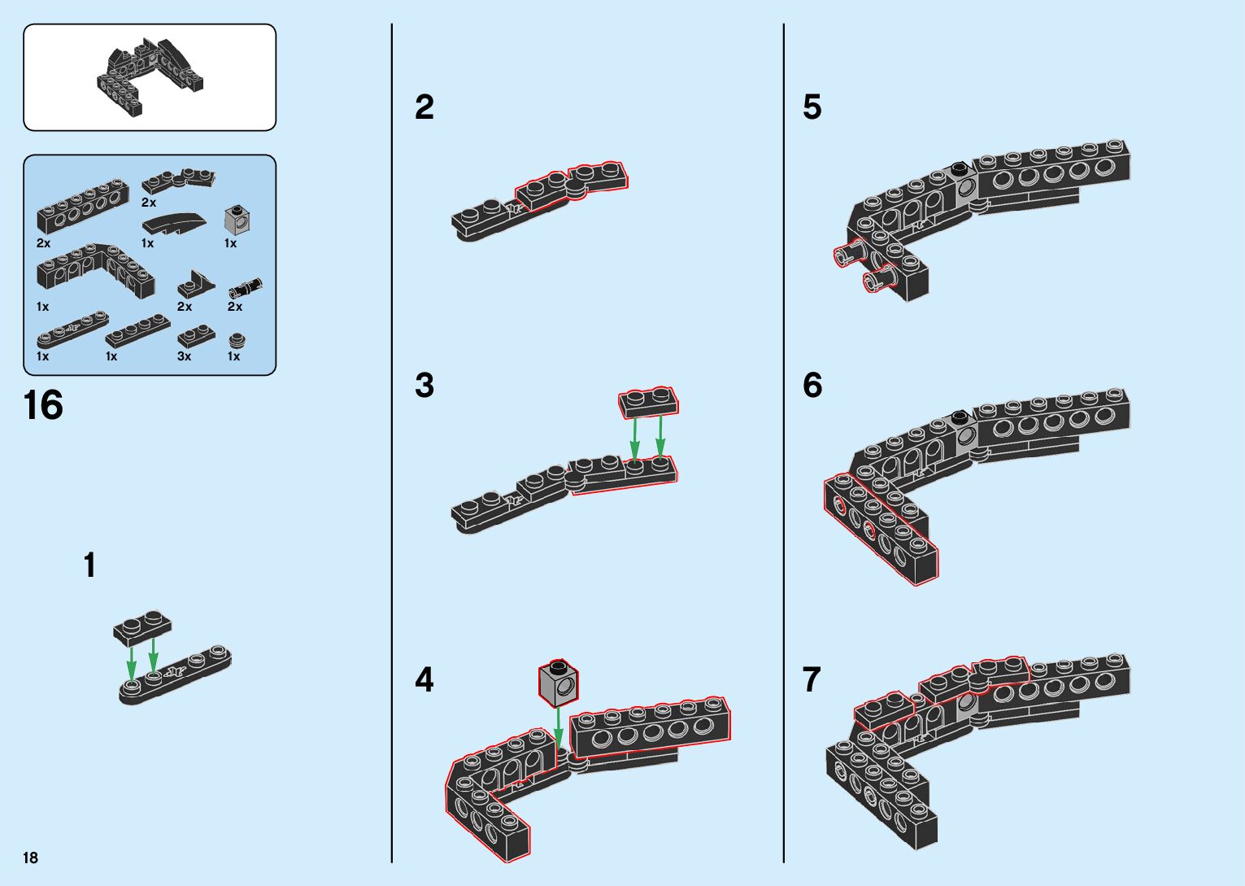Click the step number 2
[x=424, y=107]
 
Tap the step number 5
[x=812, y=107]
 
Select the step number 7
[x=812, y=679]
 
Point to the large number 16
[x=43, y=405]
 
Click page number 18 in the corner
[x=31, y=858]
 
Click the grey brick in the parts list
[x=237, y=219]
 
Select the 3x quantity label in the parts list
[x=184, y=356]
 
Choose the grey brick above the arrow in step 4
[x=558, y=682]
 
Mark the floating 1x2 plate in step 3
[x=648, y=401]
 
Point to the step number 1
[x=89, y=565]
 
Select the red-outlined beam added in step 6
[x=881, y=528]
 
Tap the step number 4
[x=424, y=679]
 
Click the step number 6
[x=812, y=385]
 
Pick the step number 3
[x=424, y=385]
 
